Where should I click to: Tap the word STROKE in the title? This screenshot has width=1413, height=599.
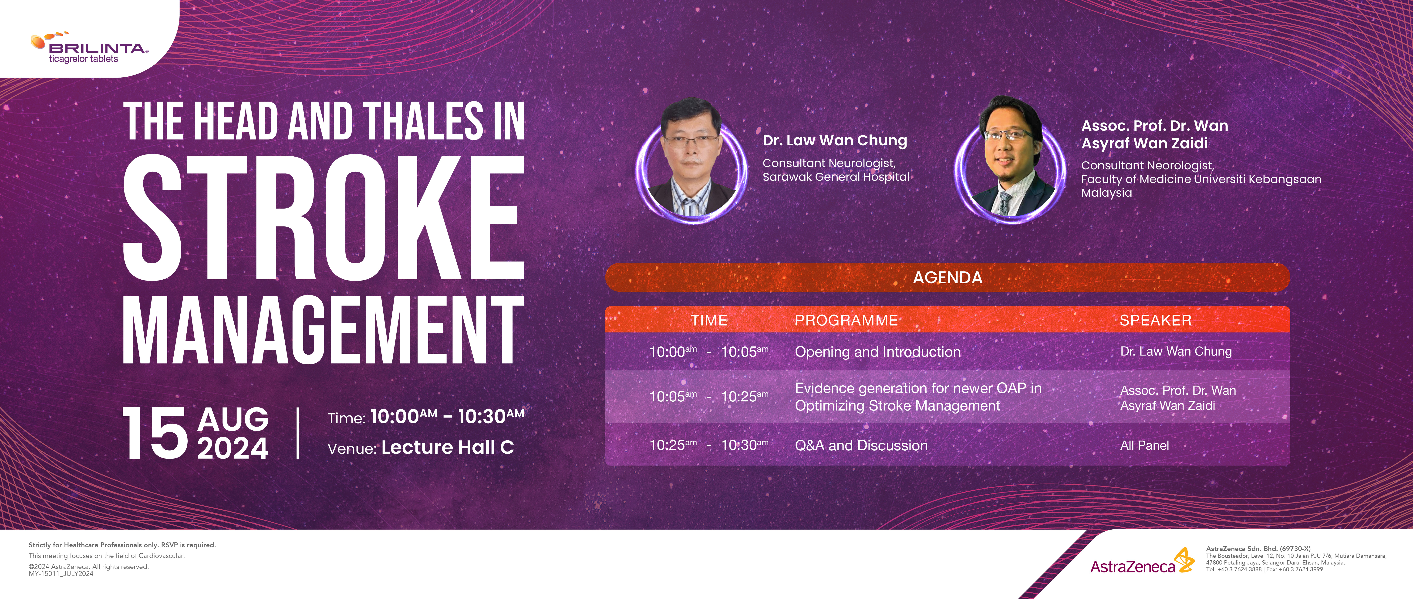[x=324, y=218]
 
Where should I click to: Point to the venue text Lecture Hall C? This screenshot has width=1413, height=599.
[x=448, y=448]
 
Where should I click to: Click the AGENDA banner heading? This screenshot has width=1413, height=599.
[x=947, y=277]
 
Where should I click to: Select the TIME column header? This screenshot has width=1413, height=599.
[x=709, y=320]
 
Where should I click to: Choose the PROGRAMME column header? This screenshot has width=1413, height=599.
[x=846, y=320]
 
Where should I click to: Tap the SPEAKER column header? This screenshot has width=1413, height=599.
[x=1155, y=320]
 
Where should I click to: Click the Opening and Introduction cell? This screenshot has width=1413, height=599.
[x=878, y=352]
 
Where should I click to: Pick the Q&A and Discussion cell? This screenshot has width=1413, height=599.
[x=861, y=445]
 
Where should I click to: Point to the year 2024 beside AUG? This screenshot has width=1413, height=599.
[x=233, y=448]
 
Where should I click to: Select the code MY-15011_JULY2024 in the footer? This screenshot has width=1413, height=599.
[x=61, y=574]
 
